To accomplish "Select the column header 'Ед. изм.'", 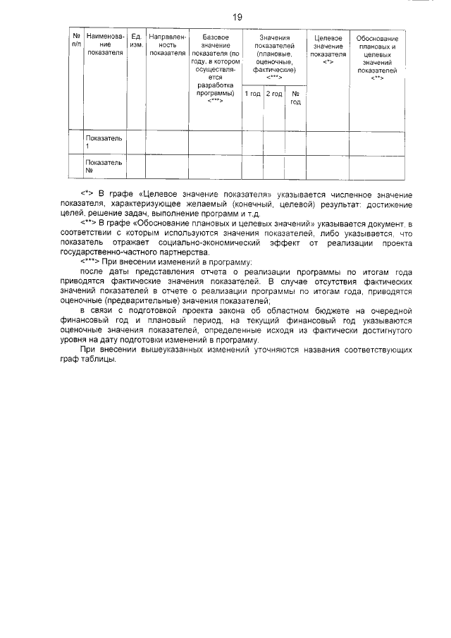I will (x=137, y=41).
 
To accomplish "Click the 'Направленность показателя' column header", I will (x=168, y=44).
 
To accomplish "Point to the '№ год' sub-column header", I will (x=295, y=98).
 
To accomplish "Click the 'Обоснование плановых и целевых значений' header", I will (x=377, y=57).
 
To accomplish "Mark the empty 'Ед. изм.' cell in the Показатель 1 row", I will (x=137, y=142).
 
